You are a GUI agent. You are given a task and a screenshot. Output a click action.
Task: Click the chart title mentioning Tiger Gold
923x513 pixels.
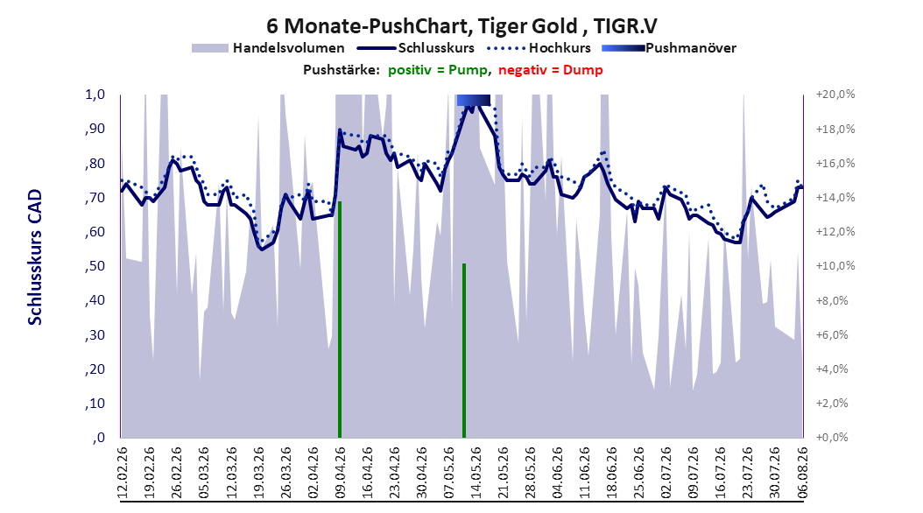[461, 26]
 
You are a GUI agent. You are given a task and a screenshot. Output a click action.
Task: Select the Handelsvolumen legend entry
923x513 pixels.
[269, 48]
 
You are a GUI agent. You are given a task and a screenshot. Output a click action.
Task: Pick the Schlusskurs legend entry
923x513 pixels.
[416, 48]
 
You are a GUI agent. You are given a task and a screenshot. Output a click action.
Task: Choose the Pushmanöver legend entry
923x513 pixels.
[669, 48]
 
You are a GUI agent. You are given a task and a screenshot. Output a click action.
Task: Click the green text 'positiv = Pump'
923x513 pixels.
[438, 70]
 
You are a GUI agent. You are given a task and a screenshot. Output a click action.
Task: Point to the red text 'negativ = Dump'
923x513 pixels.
[551, 70]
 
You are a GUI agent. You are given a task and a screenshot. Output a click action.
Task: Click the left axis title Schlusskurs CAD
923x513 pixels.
[35, 257]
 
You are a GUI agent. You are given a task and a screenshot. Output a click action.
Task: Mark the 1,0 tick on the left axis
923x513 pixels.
[95, 95]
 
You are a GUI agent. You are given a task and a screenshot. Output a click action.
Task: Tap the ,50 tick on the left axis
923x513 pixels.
[95, 266]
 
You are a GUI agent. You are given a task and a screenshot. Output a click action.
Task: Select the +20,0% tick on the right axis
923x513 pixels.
[835, 95]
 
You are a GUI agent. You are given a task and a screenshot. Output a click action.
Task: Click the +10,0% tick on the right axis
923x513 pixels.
[835, 266]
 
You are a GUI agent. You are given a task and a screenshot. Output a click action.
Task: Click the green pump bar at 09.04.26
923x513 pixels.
[340, 320]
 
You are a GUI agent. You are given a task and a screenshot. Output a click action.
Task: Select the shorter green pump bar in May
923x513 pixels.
[464, 351]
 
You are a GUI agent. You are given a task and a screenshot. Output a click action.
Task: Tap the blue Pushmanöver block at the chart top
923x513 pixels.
[473, 100]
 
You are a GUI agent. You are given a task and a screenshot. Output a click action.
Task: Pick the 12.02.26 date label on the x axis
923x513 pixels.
[123, 473]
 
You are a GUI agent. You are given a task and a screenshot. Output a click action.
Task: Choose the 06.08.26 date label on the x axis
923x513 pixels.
[802, 473]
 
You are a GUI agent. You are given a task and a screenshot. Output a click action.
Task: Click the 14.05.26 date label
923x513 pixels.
[476, 473]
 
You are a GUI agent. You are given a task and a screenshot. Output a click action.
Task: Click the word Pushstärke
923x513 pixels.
[342, 70]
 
